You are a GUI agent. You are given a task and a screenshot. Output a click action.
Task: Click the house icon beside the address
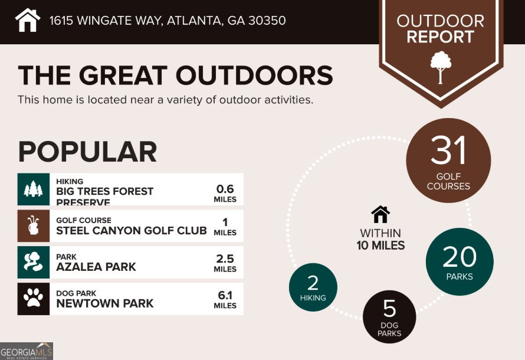pyautogui.click(x=28, y=20)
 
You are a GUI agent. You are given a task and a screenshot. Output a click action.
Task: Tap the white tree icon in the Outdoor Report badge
pyautogui.click(x=441, y=66)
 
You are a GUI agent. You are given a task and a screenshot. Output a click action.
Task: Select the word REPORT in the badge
pyautogui.click(x=440, y=37)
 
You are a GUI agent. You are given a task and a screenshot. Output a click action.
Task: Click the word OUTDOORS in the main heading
pyautogui.click(x=255, y=76)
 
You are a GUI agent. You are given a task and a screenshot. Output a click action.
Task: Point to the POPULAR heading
pyautogui.click(x=87, y=152)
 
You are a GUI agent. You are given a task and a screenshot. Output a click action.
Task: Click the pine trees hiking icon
pyautogui.click(x=34, y=189)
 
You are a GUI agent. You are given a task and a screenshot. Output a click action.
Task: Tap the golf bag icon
pyautogui.click(x=34, y=225)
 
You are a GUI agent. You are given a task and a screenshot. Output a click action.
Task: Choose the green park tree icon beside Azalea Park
pyautogui.click(x=34, y=262)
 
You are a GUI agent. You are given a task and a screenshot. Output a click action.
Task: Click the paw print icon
pyautogui.click(x=34, y=299)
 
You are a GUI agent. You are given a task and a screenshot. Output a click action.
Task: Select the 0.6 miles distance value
pyautogui.click(x=225, y=189)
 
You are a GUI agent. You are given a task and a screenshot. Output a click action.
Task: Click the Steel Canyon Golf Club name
pyautogui.click(x=132, y=230)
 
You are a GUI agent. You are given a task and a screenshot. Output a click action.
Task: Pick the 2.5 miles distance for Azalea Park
pyautogui.click(x=225, y=258)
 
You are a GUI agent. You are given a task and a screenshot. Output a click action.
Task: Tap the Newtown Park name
pyautogui.click(x=105, y=303)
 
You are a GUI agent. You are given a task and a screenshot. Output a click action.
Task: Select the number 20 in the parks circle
pyautogui.click(x=460, y=256)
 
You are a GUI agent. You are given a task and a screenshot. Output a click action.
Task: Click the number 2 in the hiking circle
pyautogui.click(x=313, y=282)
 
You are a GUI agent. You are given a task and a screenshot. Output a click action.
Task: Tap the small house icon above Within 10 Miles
pyautogui.click(x=380, y=214)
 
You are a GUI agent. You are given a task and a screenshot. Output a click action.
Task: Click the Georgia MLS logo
pyautogui.click(x=27, y=351)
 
